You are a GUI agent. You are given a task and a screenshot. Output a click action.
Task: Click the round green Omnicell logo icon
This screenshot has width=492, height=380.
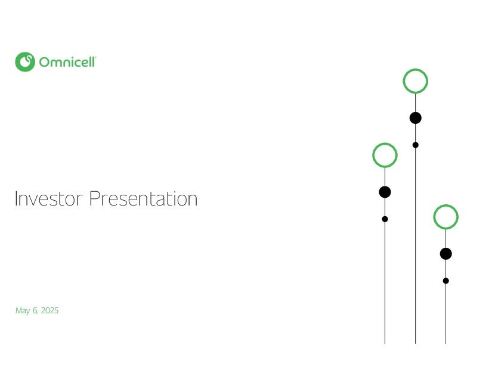coord(25,62)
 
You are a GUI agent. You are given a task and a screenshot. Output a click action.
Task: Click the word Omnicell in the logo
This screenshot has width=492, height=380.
coord(67,62)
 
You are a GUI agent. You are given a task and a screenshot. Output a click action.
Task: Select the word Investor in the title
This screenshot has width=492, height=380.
coord(49,198)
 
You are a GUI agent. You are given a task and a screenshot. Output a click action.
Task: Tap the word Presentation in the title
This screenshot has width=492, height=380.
coord(143,198)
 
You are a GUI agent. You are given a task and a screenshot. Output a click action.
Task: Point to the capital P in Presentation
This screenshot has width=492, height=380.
coord(94,198)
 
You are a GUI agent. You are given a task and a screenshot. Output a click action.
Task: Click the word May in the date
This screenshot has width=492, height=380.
coord(23,311)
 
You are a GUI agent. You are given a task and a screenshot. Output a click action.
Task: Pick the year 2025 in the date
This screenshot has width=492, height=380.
coord(50,310)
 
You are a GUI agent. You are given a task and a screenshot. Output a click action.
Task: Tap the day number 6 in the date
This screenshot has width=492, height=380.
coord(35,310)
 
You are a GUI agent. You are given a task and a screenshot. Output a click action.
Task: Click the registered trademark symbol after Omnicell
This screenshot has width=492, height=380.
coord(95,58)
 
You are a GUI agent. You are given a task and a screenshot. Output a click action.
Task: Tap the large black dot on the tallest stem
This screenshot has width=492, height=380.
coord(416,118)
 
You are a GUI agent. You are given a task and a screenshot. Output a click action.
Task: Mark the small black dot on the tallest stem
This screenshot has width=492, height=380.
coord(416,145)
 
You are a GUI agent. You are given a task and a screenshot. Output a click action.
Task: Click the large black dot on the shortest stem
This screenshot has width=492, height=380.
coord(446,254)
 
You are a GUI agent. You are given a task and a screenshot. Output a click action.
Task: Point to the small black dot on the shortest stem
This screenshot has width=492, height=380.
coord(446,281)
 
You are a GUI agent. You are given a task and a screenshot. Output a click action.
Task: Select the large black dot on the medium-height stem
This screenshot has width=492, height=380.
coord(385,192)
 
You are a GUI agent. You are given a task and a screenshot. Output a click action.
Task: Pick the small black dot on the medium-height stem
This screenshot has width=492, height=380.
coord(385,219)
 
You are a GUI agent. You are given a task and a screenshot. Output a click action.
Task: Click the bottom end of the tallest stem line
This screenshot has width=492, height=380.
coord(416,344)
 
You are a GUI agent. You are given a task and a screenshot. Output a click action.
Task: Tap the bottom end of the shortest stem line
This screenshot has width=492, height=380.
coord(446,344)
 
